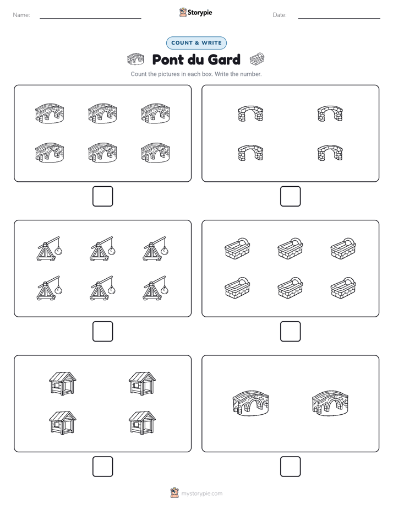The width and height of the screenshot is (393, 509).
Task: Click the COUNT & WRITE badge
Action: tap(196, 43)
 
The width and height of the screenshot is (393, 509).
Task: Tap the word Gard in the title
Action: tap(223, 59)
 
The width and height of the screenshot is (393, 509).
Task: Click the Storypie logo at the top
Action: tap(195, 12)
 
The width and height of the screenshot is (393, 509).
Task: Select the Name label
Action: tap(21, 15)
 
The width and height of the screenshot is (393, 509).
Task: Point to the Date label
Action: tap(280, 15)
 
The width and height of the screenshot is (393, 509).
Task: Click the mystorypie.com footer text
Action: tap(201, 494)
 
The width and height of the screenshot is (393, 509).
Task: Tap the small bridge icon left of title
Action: tap(135, 59)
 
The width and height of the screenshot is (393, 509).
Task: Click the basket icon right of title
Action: tap(257, 59)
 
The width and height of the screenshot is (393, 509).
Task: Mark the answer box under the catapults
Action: tap(103, 332)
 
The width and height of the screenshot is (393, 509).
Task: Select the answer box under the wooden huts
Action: tap(103, 467)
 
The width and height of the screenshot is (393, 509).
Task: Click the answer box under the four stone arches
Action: tap(290, 197)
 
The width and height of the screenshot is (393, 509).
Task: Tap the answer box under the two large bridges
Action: tap(290, 467)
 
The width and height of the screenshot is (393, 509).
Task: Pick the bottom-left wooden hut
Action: tap(63, 423)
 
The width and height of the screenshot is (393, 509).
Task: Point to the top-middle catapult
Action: tap(102, 248)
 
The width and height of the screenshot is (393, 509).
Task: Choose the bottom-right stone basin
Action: tap(343, 288)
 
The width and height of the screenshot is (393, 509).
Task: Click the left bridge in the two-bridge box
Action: tap(250, 403)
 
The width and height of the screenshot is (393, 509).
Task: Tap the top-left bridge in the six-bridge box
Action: tap(50, 113)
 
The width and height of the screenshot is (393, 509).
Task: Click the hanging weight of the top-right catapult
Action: tap(165, 251)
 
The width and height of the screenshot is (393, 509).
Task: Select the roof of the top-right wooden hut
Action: tap(142, 377)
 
